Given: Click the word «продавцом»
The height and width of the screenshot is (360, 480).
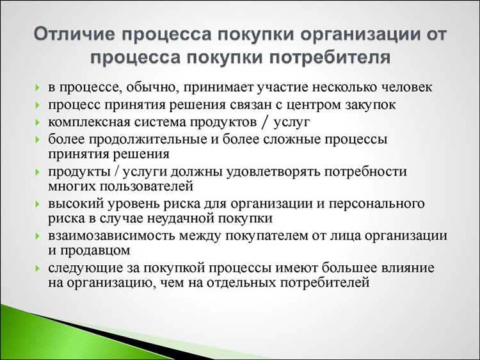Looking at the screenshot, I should coord(99,250).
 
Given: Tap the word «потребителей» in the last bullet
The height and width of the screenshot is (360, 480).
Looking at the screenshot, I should coord(325,282).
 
